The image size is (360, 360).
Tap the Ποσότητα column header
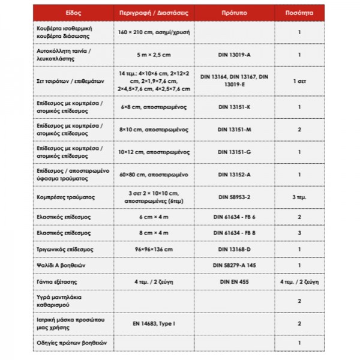pos(299,11)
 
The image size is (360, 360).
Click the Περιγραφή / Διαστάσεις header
pos(154,11)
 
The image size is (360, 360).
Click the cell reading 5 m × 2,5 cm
pos(154,55)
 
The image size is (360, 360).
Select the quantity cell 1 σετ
pos(299,80)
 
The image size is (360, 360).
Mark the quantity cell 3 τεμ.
pos(299,197)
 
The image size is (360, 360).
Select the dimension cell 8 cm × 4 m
pos(154,232)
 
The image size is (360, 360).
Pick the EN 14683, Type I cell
pos(154,323)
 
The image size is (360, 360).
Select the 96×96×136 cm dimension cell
pos(154,248)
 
